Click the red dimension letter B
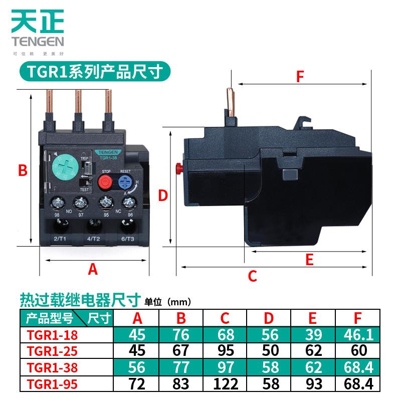tap(22, 170)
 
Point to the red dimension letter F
tap(299, 77)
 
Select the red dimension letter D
tap(162, 195)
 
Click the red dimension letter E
tap(309, 259)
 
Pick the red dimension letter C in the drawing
tap(253, 275)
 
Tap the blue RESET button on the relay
tap(124, 181)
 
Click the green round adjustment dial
tap(66, 166)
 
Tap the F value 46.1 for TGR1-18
tap(356, 334)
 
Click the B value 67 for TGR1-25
tap(182, 350)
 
